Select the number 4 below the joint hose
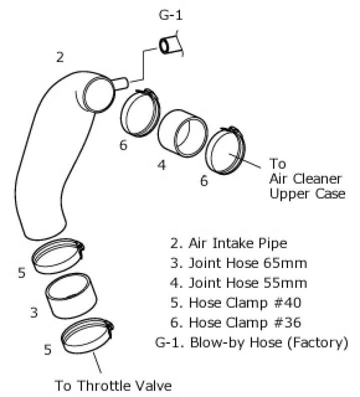[x=161, y=165]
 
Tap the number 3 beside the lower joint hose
[x=34, y=313]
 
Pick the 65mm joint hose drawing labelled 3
[x=69, y=297]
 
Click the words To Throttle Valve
[x=113, y=385]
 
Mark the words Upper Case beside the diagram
[x=307, y=193]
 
